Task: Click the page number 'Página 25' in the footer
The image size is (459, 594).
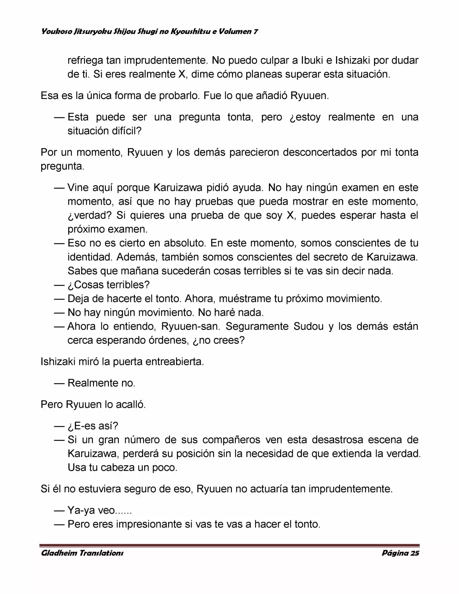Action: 400,553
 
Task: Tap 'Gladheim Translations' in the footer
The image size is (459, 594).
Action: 82,553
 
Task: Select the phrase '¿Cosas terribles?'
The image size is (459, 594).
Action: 108,285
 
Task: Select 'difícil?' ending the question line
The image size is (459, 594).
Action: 125,131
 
